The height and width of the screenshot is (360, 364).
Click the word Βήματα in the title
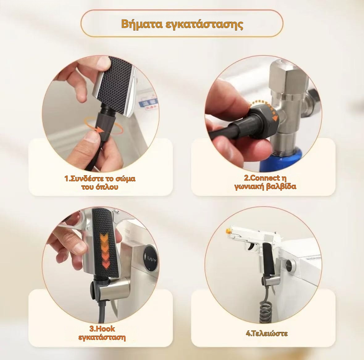(x=142, y=24)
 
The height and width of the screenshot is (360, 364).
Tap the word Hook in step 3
(x=105, y=329)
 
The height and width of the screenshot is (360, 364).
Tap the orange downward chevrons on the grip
(x=104, y=250)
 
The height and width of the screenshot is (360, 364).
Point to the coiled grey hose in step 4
(x=265, y=311)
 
